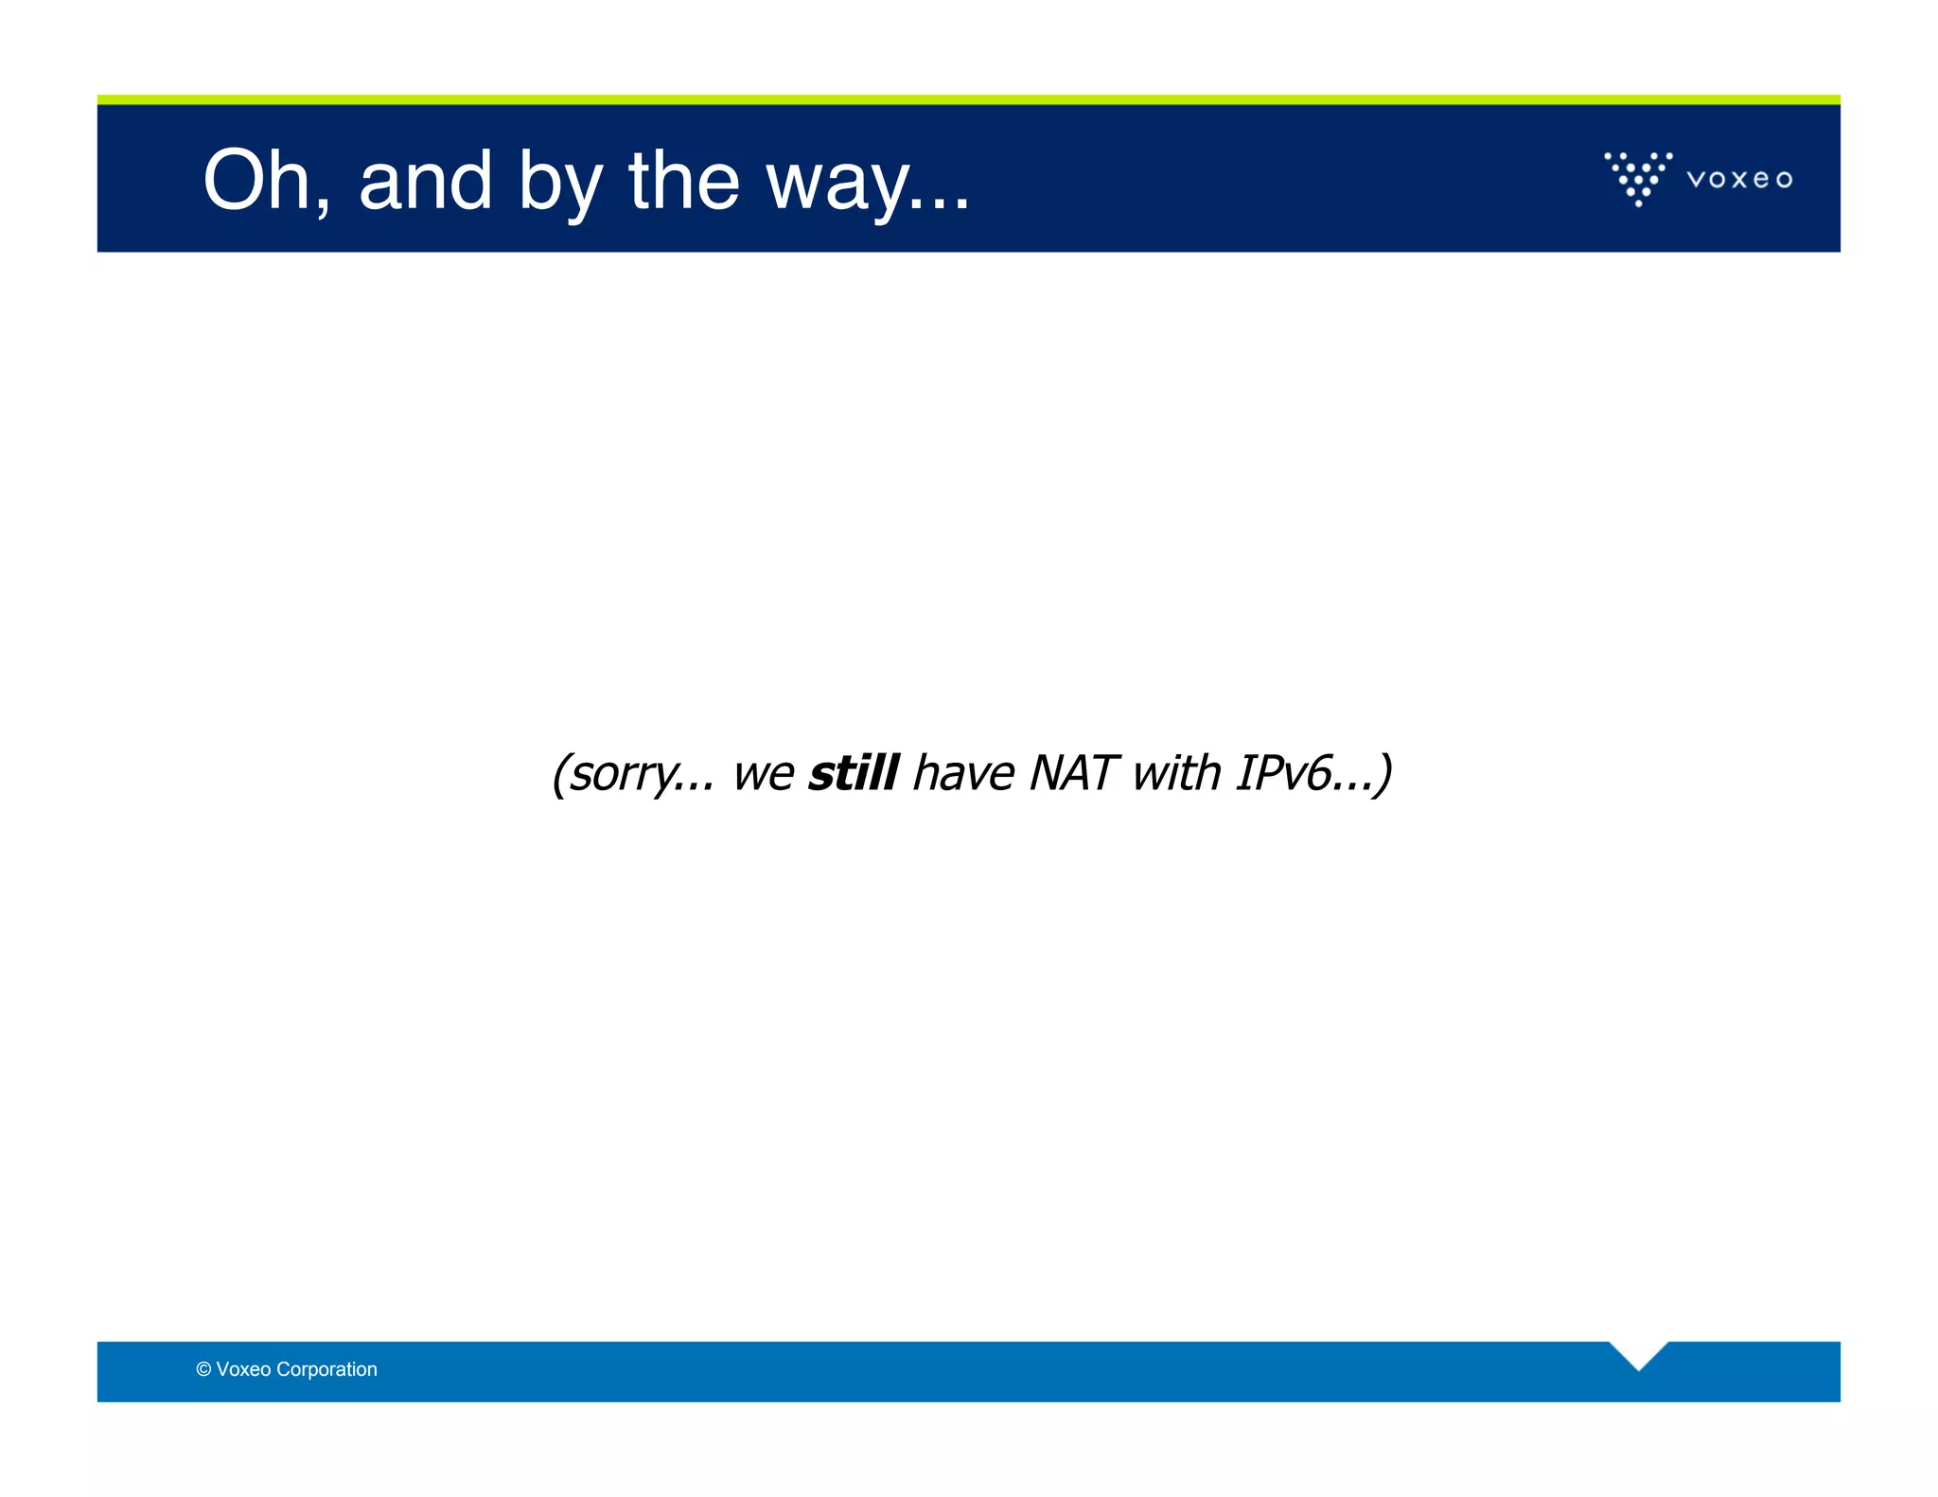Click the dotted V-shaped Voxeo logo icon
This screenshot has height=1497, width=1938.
1638,177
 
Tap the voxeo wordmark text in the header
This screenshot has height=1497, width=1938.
1739,179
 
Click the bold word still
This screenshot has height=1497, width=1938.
854,772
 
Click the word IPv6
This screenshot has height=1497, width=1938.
1284,772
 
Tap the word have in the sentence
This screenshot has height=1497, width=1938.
963,772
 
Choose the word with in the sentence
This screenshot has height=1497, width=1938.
1177,772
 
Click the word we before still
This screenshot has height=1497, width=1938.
763,774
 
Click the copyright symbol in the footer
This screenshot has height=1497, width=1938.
203,1369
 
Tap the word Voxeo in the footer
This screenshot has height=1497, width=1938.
243,1369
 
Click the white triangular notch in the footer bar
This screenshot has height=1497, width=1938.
1638,1352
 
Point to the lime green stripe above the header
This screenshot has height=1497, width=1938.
968,99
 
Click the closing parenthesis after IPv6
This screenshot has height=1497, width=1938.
1384,774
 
